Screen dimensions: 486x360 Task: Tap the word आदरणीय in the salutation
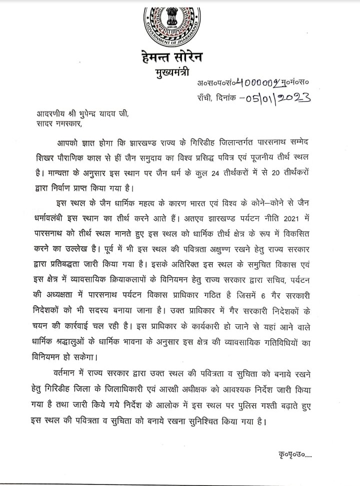pos(38,114)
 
